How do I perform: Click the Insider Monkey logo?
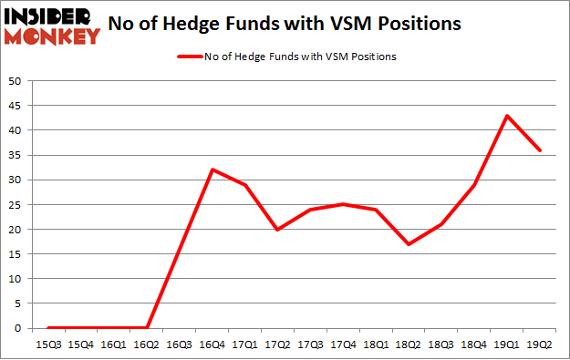click(52, 26)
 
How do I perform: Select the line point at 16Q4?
click(212, 170)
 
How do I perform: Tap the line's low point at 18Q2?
click(409, 244)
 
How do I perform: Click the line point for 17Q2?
click(278, 230)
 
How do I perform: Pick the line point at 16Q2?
click(147, 328)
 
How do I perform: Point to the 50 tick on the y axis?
click(16, 81)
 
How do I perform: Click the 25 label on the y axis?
click(16, 205)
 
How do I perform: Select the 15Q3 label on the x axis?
click(48, 344)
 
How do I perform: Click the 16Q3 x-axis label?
click(180, 344)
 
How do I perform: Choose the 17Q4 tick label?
click(344, 344)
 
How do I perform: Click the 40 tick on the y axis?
click(16, 130)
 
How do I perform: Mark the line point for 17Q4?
click(344, 204)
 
